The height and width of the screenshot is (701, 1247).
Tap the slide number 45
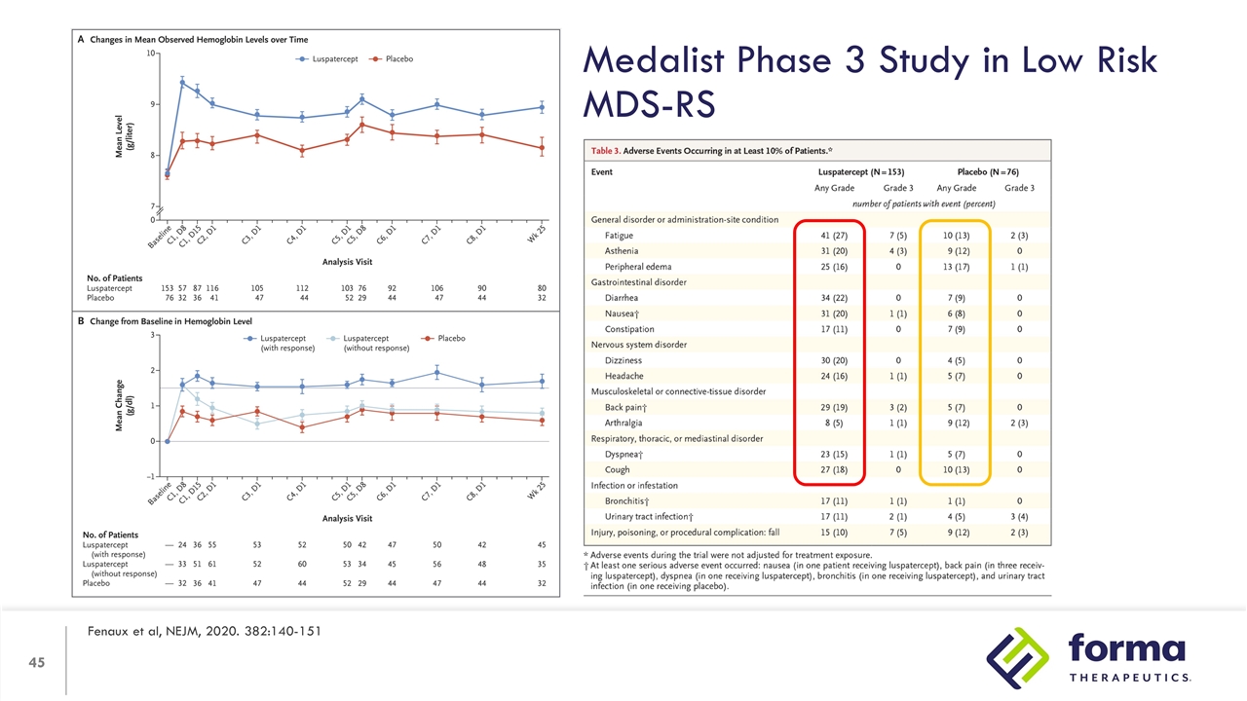click(x=38, y=664)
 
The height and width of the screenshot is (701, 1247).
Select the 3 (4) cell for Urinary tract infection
click(x=1019, y=516)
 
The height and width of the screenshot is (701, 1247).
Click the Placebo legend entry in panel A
click(x=392, y=59)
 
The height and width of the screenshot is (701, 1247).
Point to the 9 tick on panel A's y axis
click(x=149, y=104)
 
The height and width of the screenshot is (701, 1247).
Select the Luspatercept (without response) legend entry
click(x=375, y=343)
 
